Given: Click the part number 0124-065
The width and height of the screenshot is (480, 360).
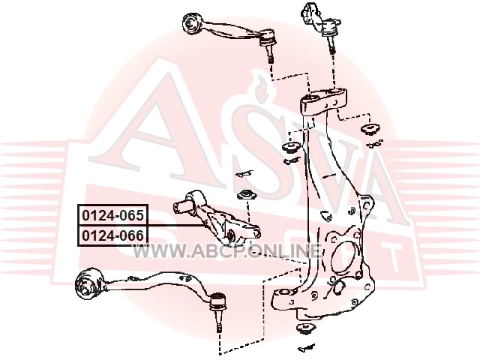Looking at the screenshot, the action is (x=112, y=215).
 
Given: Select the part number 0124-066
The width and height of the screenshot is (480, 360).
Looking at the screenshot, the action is (x=112, y=235).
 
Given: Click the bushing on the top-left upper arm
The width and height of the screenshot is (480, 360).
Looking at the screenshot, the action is (x=193, y=24).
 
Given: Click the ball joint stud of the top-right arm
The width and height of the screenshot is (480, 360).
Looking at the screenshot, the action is (x=332, y=43).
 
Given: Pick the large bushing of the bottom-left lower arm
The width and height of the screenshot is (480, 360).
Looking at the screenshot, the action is (x=88, y=283).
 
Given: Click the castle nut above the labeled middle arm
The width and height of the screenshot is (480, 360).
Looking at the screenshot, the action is (x=246, y=195).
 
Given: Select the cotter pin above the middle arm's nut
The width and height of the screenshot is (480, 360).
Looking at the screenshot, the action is (x=244, y=174).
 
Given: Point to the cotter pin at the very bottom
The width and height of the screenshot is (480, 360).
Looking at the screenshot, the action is (x=306, y=347).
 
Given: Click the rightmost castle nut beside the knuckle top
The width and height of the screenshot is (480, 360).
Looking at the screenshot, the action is (x=370, y=128).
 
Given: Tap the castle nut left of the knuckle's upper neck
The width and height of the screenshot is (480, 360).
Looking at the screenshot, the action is (x=290, y=147).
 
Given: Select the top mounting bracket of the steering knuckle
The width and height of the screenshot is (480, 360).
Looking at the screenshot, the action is (x=323, y=101).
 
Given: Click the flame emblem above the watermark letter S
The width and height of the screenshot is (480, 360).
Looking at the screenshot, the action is (x=259, y=86).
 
